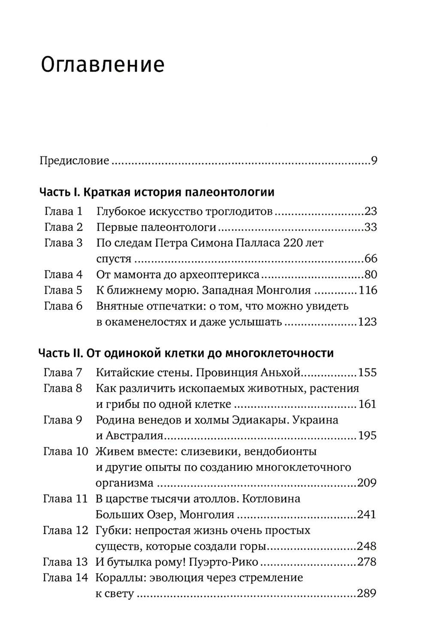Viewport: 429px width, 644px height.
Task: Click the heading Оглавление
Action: [103, 66]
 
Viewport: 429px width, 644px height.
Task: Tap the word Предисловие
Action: [74, 161]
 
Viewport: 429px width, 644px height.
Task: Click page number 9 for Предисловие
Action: [374, 161]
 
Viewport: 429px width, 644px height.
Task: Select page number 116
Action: [367, 290]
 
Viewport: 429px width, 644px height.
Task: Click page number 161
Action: [367, 404]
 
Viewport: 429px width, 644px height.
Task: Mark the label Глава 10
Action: [65, 451]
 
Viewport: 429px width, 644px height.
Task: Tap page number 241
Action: [367, 514]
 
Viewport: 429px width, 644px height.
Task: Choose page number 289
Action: [367, 593]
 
